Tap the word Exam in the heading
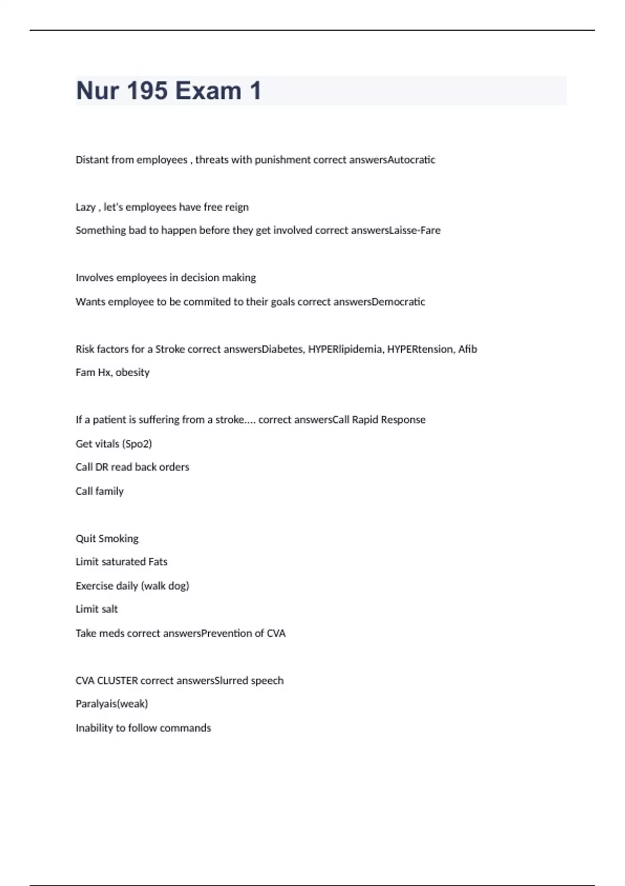coord(208,91)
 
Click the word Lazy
coord(85,207)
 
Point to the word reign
coord(237,207)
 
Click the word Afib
coord(468,349)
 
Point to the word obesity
coord(132,373)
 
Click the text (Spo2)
coord(136,444)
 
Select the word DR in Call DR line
coord(102,467)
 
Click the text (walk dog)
coord(165,586)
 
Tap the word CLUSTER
coord(117,681)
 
